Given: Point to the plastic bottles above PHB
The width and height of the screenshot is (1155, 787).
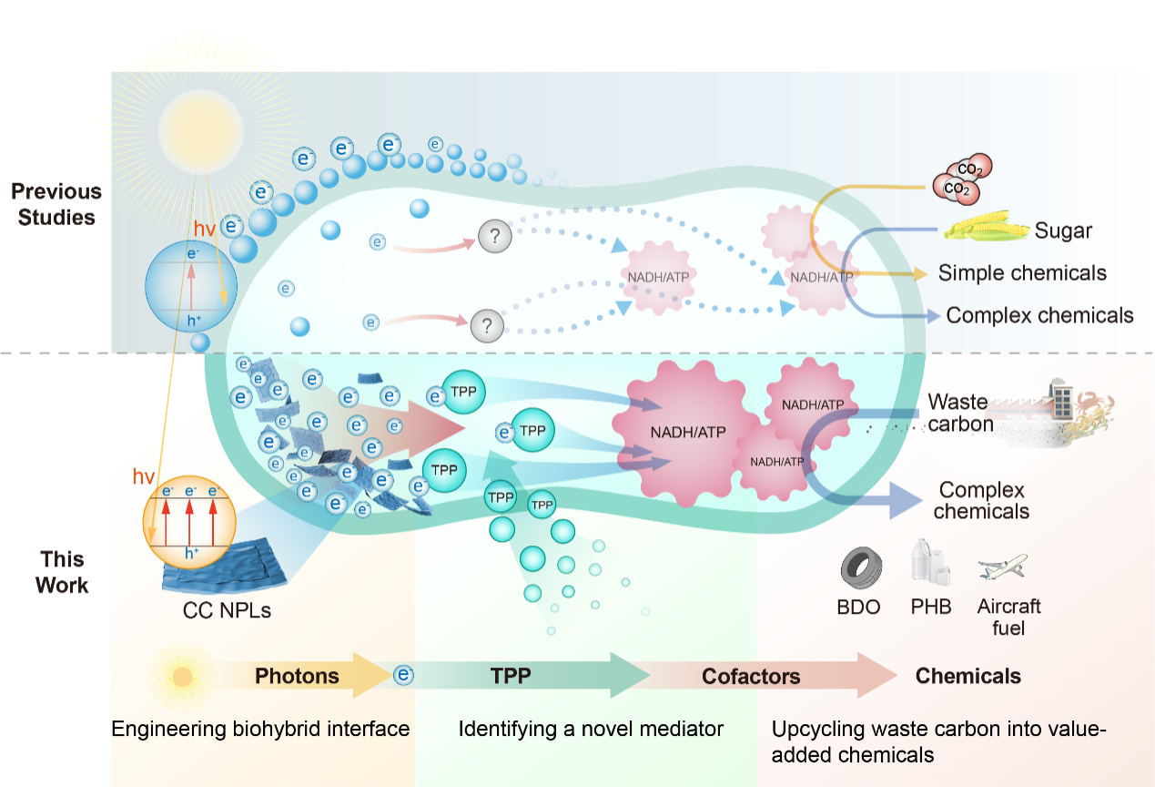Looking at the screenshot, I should click(x=930, y=566).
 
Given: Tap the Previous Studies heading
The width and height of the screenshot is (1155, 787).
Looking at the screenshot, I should click(x=56, y=204).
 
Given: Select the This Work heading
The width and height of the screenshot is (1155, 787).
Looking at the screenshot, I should click(x=62, y=572).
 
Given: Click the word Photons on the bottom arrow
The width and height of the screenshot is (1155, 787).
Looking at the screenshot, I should click(x=297, y=676).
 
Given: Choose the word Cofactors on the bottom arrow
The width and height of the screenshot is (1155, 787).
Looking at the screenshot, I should click(x=751, y=676).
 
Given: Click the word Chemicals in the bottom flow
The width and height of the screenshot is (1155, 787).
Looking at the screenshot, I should click(x=968, y=676).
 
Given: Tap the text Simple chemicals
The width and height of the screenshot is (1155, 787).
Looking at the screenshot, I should click(x=1022, y=272).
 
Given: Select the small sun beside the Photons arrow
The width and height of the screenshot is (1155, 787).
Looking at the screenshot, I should click(x=182, y=677).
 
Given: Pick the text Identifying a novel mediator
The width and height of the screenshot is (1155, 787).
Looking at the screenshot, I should click(x=591, y=729).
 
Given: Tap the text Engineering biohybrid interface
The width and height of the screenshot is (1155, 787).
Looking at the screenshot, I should click(x=260, y=729).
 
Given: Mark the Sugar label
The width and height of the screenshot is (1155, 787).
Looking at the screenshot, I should click(x=1063, y=230).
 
